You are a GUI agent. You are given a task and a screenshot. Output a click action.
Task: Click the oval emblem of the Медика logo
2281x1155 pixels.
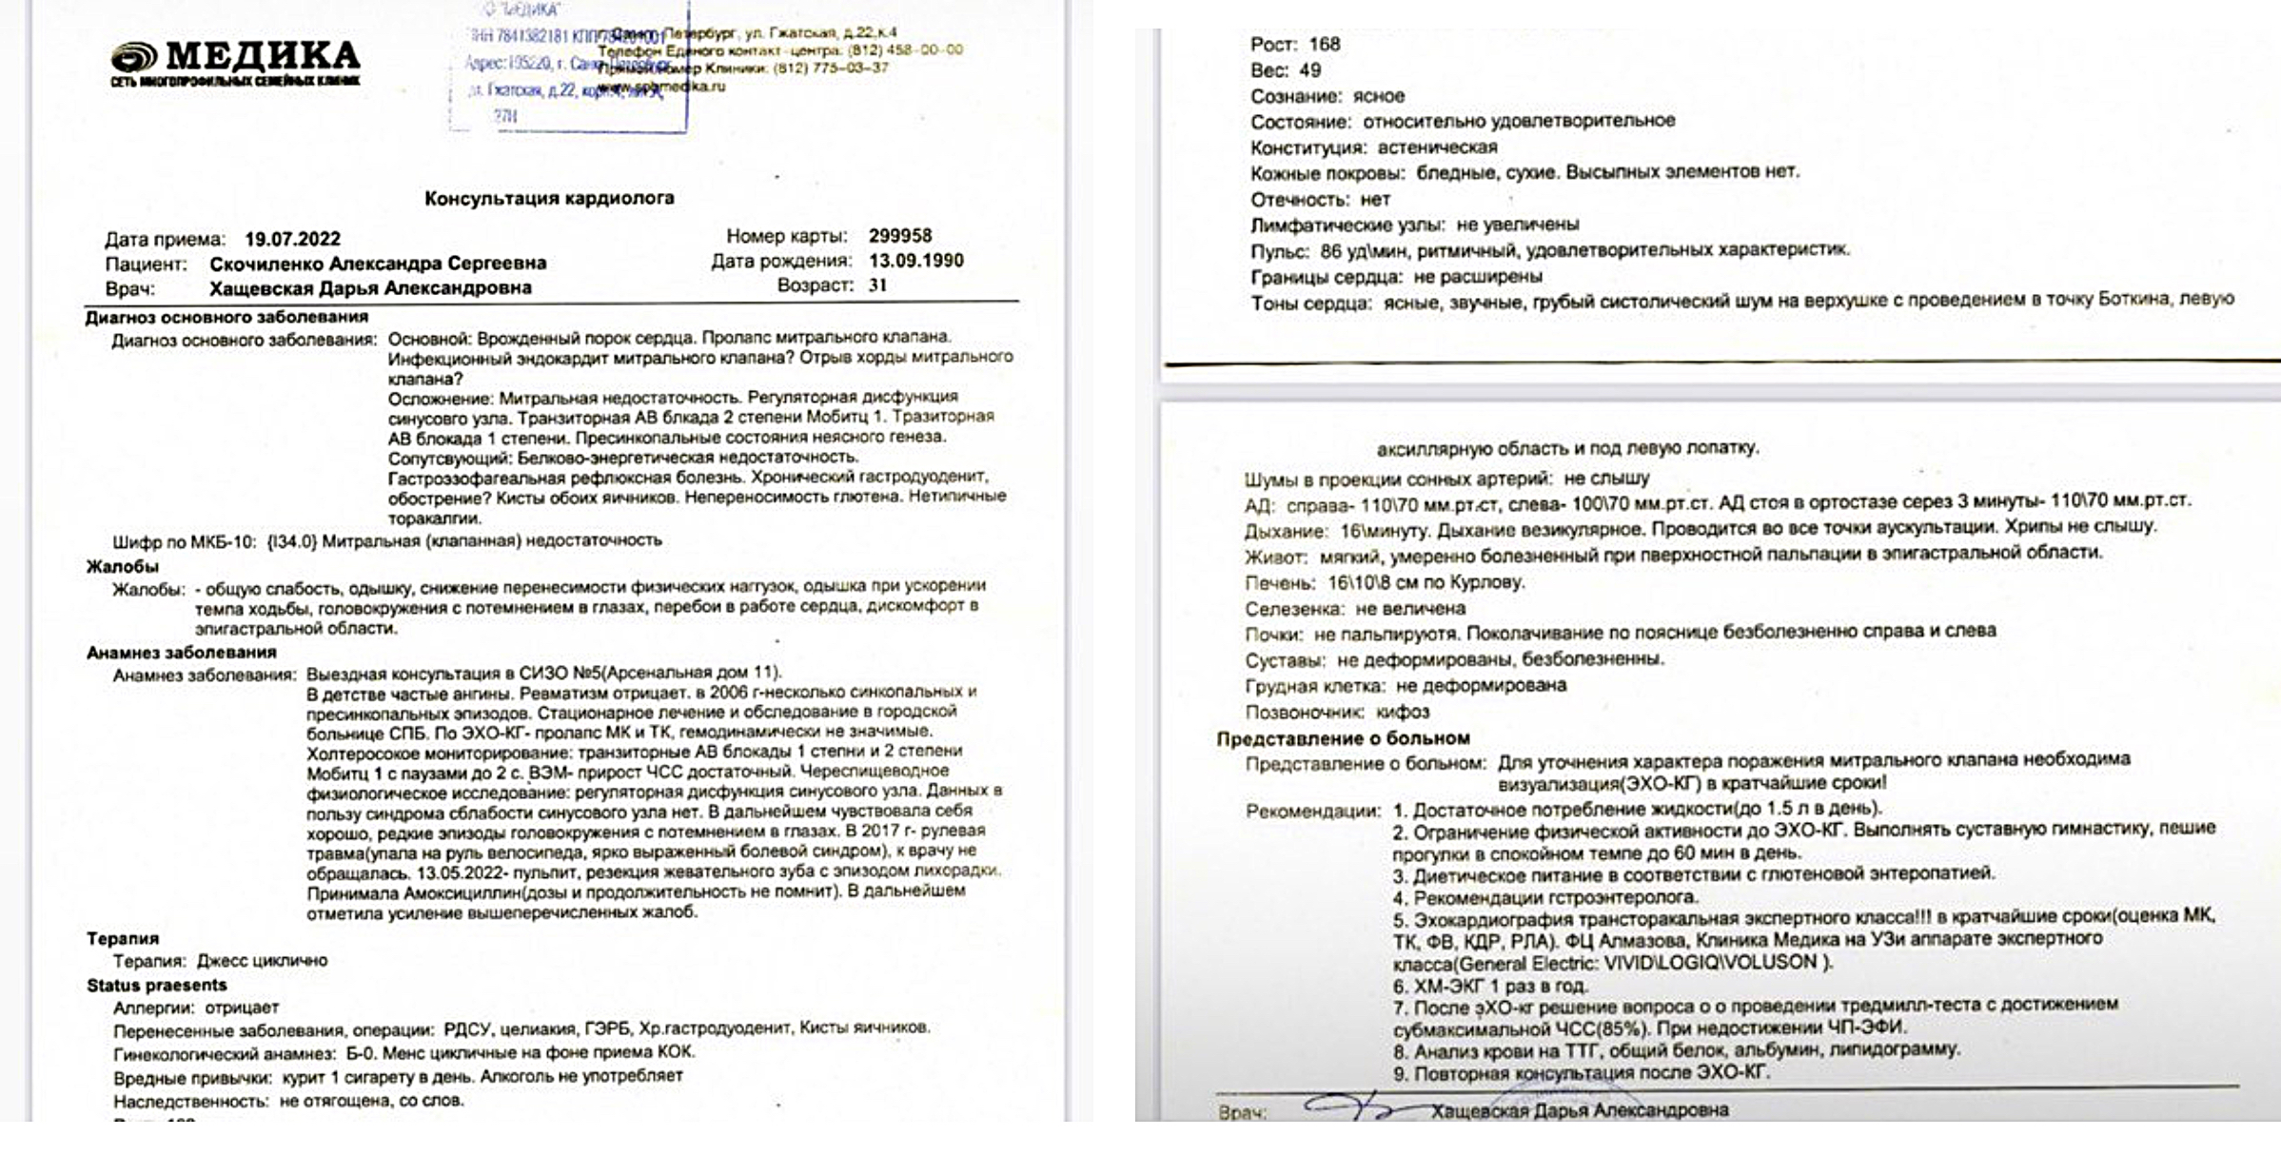[x=134, y=56]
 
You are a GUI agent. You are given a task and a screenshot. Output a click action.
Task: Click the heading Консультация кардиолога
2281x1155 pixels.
[x=549, y=198]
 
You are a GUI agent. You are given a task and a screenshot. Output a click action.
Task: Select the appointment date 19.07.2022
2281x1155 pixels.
[x=292, y=239]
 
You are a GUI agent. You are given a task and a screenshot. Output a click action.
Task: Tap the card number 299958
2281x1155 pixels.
[x=899, y=235]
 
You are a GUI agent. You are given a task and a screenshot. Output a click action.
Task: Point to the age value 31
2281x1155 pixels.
[x=876, y=284]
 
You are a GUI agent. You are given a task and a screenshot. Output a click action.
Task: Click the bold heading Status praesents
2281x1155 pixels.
[x=156, y=985]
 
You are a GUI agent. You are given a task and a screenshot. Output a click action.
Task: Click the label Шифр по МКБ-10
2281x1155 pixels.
[x=184, y=541]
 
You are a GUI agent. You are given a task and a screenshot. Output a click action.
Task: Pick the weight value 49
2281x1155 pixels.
[x=1309, y=69]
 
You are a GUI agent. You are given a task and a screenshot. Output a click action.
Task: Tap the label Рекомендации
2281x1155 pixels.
[x=1312, y=812]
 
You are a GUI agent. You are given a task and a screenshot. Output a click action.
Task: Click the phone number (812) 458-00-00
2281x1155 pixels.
[x=911, y=49]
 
